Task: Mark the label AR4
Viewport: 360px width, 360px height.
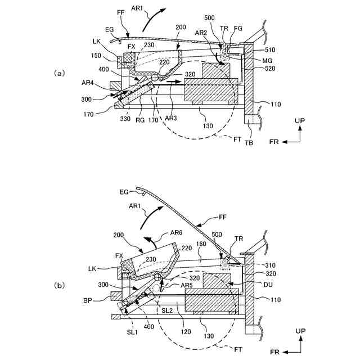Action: tap(88, 83)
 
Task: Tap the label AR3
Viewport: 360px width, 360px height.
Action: tap(172, 119)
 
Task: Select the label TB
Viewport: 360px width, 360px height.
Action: tap(249, 142)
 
